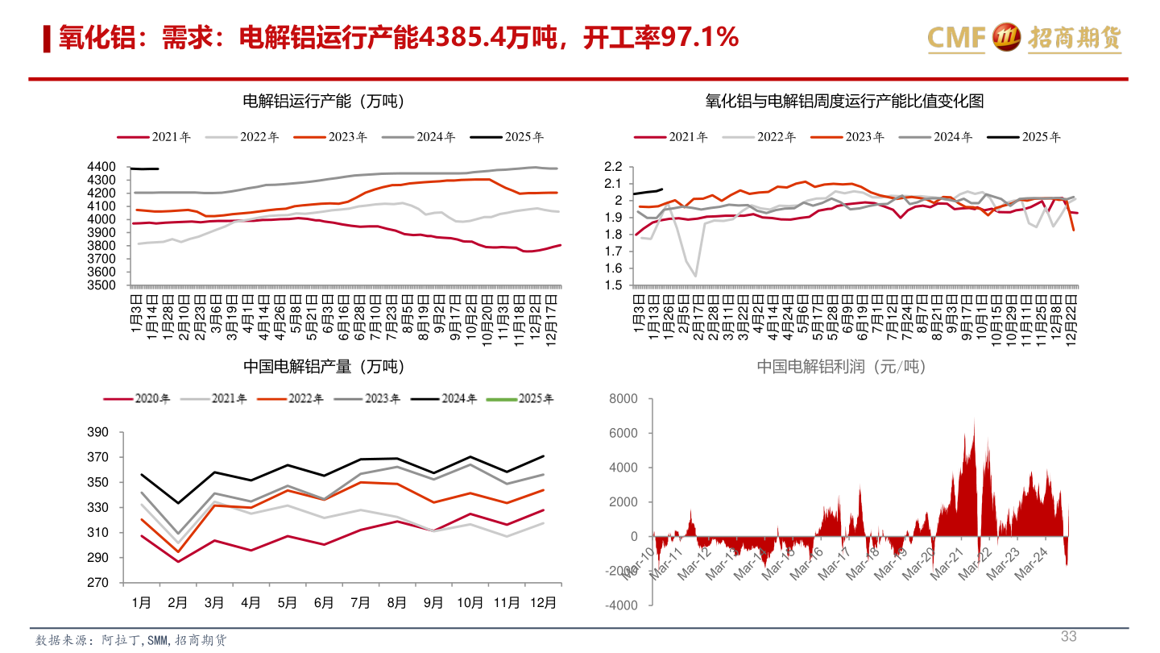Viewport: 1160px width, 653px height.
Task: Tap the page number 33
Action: click(1068, 636)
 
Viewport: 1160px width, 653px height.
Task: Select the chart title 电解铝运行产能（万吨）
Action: click(323, 102)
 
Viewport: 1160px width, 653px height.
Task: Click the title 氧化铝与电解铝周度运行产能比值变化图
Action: click(844, 102)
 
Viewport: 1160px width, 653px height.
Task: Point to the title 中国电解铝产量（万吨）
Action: click(323, 367)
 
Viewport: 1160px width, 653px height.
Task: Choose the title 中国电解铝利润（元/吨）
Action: click(841, 367)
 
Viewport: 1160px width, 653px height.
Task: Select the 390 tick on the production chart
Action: click(97, 433)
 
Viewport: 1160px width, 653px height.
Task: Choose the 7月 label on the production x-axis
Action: click(360, 602)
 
